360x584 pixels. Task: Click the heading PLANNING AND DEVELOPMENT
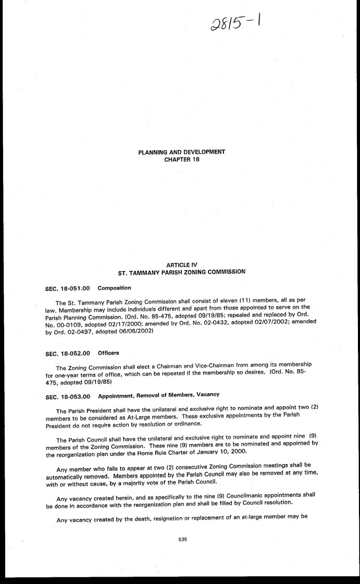point(181,152)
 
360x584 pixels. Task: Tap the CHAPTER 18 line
point(181,159)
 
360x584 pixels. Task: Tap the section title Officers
point(109,354)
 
